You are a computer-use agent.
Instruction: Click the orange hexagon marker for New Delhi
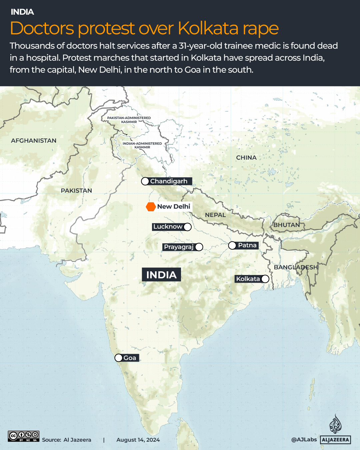tap(151, 207)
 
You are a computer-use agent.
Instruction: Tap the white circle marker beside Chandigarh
tap(145, 181)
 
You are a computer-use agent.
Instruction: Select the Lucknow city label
tap(168, 227)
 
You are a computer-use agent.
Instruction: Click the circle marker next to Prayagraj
tap(199, 247)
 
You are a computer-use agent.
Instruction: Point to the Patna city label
tap(247, 245)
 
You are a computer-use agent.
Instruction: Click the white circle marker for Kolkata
tap(265, 279)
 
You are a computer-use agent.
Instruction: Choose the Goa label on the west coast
tap(130, 358)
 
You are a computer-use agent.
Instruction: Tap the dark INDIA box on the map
tap(161, 275)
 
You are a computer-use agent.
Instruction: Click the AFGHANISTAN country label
tap(34, 141)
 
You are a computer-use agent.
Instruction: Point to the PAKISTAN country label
tap(76, 191)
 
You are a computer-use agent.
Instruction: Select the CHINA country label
tap(246, 158)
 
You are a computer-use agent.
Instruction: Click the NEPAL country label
tap(215, 215)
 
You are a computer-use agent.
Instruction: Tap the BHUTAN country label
tap(287, 225)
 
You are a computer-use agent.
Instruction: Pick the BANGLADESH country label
tap(296, 267)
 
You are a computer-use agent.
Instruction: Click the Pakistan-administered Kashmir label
tap(129, 120)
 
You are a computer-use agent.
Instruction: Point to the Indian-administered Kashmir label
tap(142, 145)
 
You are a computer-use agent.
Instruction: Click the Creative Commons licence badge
tap(24, 436)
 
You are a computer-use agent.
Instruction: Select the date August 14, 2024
tap(138, 440)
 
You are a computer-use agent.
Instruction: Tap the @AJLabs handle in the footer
tap(304, 439)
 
